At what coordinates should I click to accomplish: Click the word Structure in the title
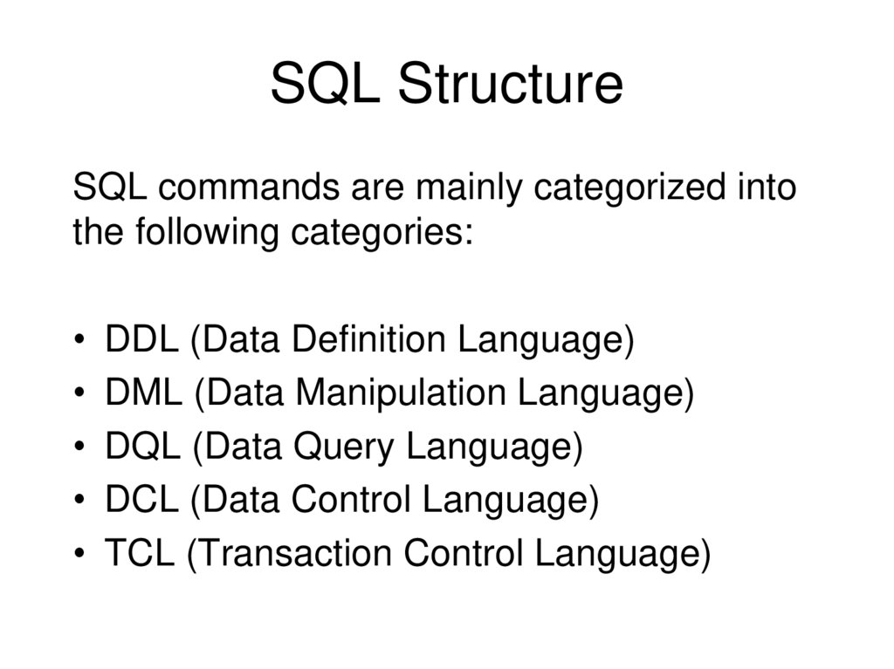[510, 85]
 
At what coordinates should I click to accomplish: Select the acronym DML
[144, 393]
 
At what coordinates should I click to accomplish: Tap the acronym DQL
[143, 447]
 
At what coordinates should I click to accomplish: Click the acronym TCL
[140, 555]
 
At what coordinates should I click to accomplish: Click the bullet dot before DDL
[80, 341]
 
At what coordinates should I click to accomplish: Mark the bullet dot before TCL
[80, 556]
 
